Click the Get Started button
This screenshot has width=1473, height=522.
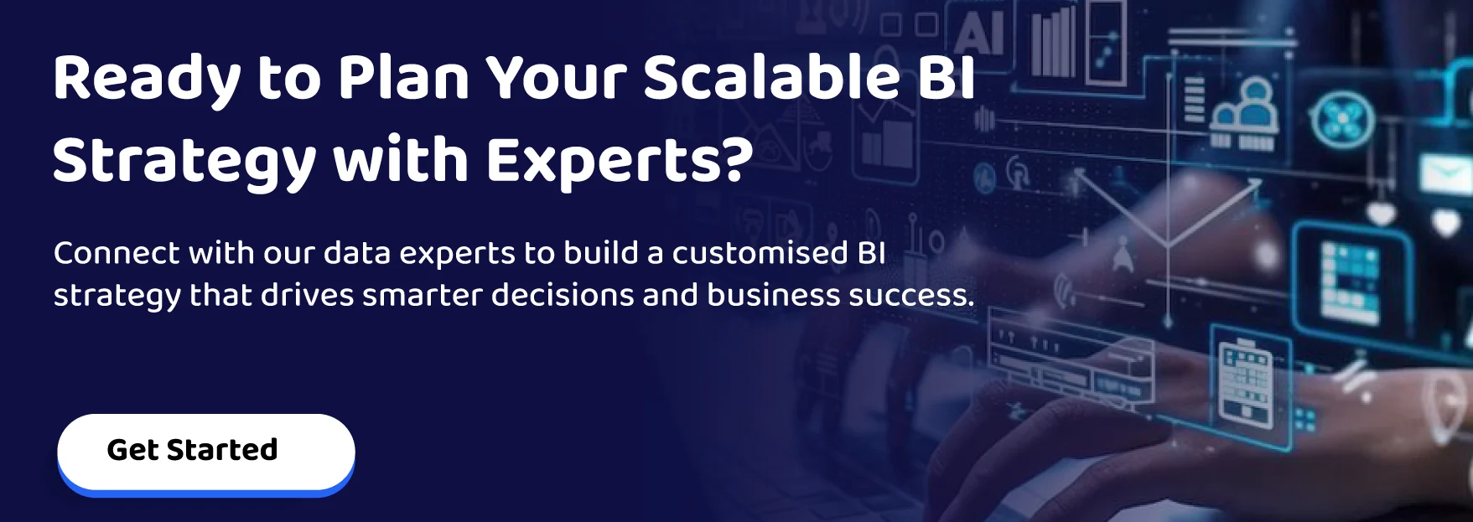click(205, 451)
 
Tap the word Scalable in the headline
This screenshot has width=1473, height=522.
click(771, 77)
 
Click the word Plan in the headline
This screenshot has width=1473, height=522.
click(403, 77)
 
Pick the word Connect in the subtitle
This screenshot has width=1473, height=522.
click(117, 253)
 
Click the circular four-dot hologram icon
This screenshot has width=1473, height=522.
click(1342, 120)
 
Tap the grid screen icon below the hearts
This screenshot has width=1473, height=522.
click(1349, 282)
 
